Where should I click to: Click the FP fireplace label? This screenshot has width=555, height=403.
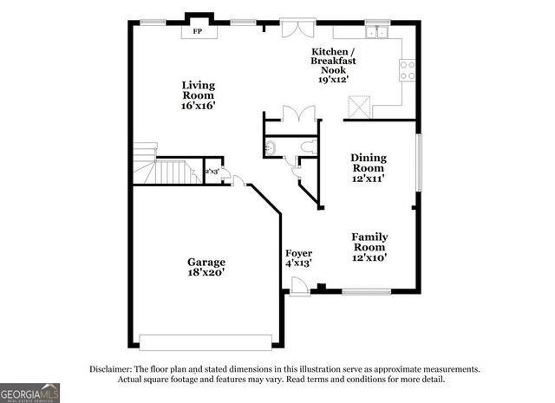pos(198,32)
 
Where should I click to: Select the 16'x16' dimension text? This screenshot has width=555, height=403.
pos(198,106)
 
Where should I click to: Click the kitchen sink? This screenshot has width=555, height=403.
pos(376,33)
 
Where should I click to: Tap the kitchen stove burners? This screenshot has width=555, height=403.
pos(407,70)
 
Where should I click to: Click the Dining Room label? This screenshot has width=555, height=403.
pos(369,163)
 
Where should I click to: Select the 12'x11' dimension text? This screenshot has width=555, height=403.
pos(369,178)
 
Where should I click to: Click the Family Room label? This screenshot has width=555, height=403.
pos(369,242)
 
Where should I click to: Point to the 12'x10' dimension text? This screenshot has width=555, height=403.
pos(369,257)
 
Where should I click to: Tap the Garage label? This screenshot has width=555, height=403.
pos(206,262)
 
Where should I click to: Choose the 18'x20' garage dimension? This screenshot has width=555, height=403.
pos(206,273)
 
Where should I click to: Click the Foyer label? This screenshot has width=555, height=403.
pos(299,253)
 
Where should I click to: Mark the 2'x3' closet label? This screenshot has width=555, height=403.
pos(212,172)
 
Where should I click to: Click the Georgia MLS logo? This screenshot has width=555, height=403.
pos(29,393)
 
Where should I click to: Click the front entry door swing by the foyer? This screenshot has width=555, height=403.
pos(298,287)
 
